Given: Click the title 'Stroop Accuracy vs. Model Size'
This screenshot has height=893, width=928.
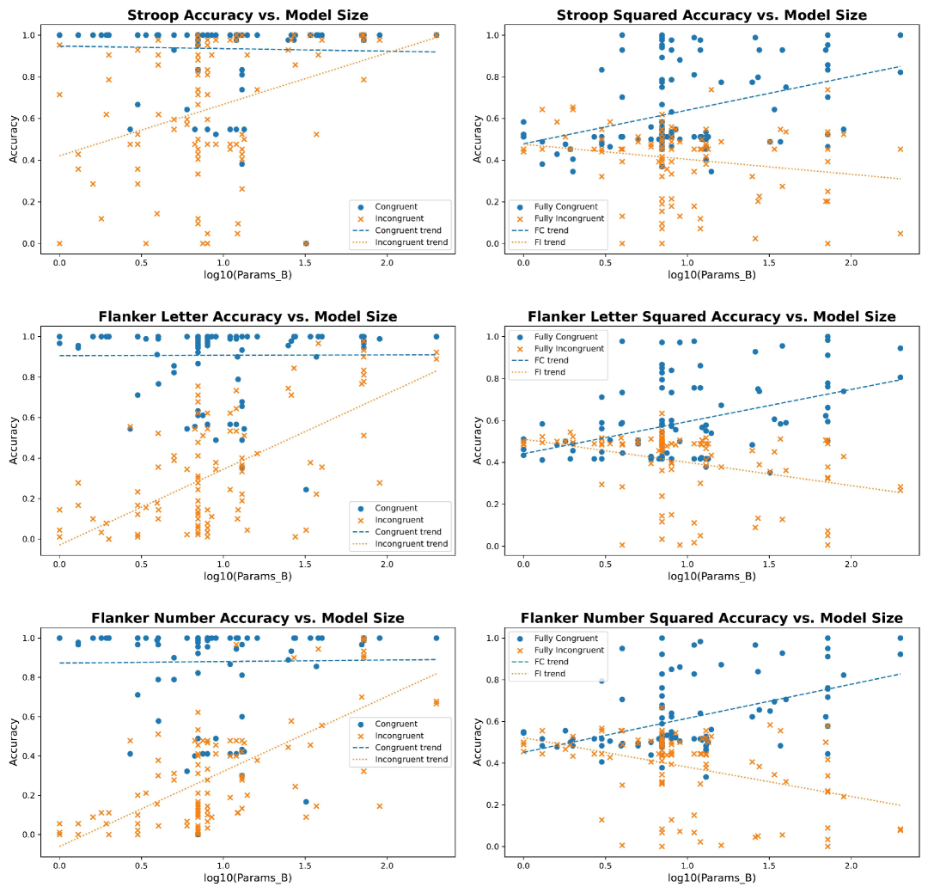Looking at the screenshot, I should [247, 15].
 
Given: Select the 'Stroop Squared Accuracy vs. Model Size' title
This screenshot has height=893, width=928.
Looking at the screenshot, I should [711, 15].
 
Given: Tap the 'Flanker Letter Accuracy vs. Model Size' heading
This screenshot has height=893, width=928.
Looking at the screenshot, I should [247, 317].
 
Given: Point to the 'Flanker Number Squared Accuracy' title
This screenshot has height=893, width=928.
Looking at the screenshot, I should [711, 618].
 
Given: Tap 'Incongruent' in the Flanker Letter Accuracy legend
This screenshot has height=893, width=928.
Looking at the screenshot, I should [400, 520].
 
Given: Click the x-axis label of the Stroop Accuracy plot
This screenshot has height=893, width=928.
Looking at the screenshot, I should [247, 275].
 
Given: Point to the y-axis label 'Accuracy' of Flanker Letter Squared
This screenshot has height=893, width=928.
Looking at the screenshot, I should [477, 440].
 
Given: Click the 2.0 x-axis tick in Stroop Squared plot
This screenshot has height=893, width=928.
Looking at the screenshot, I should [851, 260].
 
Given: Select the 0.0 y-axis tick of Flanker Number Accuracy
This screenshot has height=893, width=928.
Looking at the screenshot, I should [31, 835].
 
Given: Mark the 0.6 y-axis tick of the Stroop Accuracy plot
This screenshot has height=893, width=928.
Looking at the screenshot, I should [31, 119].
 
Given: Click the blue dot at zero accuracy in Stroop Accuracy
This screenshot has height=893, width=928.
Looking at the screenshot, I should [306, 243].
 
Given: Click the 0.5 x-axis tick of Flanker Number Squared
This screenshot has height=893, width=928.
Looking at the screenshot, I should [605, 864].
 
